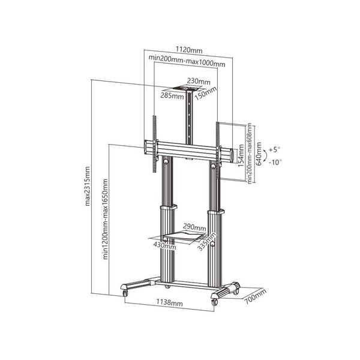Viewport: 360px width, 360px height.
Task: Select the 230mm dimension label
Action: click(199, 81)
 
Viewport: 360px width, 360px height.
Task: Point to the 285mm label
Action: click(171, 94)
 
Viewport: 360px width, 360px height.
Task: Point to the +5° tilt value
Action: click(275, 149)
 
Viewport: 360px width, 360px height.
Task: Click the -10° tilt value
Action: click(275, 161)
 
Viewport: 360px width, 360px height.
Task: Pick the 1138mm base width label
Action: click(170, 304)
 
